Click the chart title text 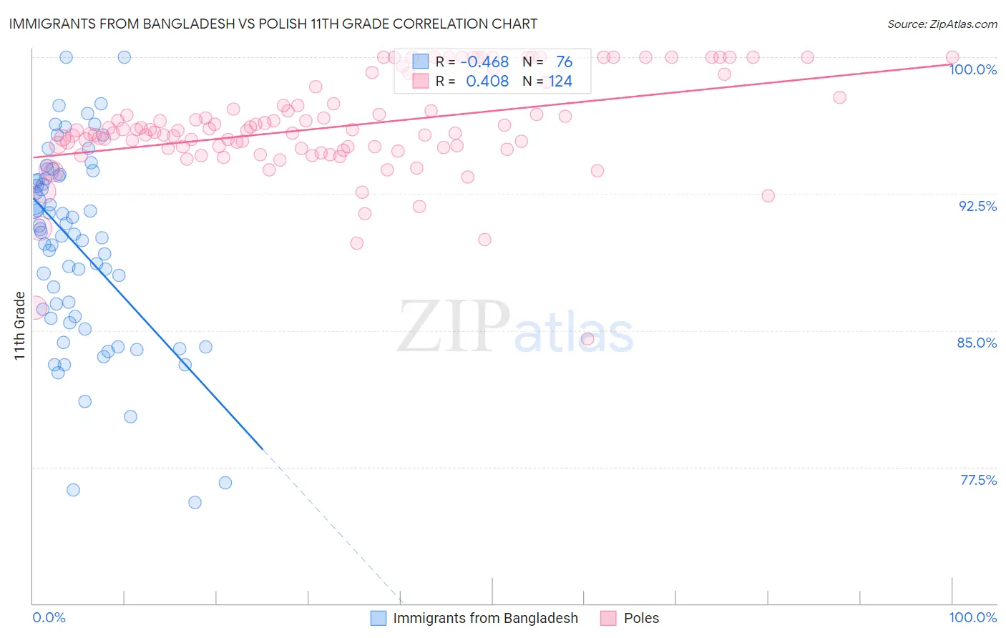click(x=273, y=24)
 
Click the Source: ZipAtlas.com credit click(x=942, y=24)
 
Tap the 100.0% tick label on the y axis click(x=972, y=69)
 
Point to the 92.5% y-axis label click(x=977, y=206)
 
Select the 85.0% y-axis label click(x=977, y=343)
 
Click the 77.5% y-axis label click(x=978, y=480)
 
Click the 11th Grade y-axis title click(x=19, y=325)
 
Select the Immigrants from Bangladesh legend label click(x=485, y=619)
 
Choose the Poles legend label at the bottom click(x=641, y=619)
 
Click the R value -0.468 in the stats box click(x=484, y=62)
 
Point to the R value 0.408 click(x=487, y=82)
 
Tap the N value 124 click(x=560, y=82)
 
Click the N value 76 click(x=564, y=62)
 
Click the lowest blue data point click(x=195, y=503)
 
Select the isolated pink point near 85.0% click(x=587, y=339)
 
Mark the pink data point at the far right click(x=952, y=57)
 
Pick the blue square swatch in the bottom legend click(x=378, y=619)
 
